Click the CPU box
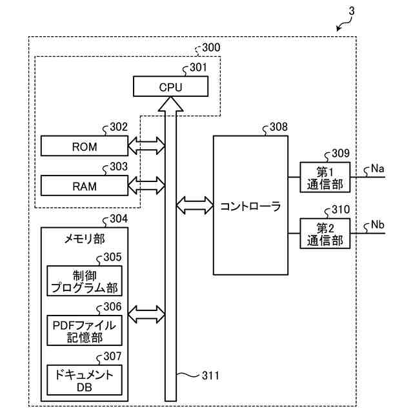170,86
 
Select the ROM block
85,146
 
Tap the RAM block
85,186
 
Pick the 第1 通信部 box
325,177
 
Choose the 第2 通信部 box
325,234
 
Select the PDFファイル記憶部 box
85,330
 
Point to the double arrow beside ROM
146,146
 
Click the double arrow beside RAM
146,186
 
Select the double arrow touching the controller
195,206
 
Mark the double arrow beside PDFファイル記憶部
146,316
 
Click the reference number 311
210,375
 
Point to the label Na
378,168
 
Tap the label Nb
378,225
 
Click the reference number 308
279,127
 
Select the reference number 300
210,47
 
